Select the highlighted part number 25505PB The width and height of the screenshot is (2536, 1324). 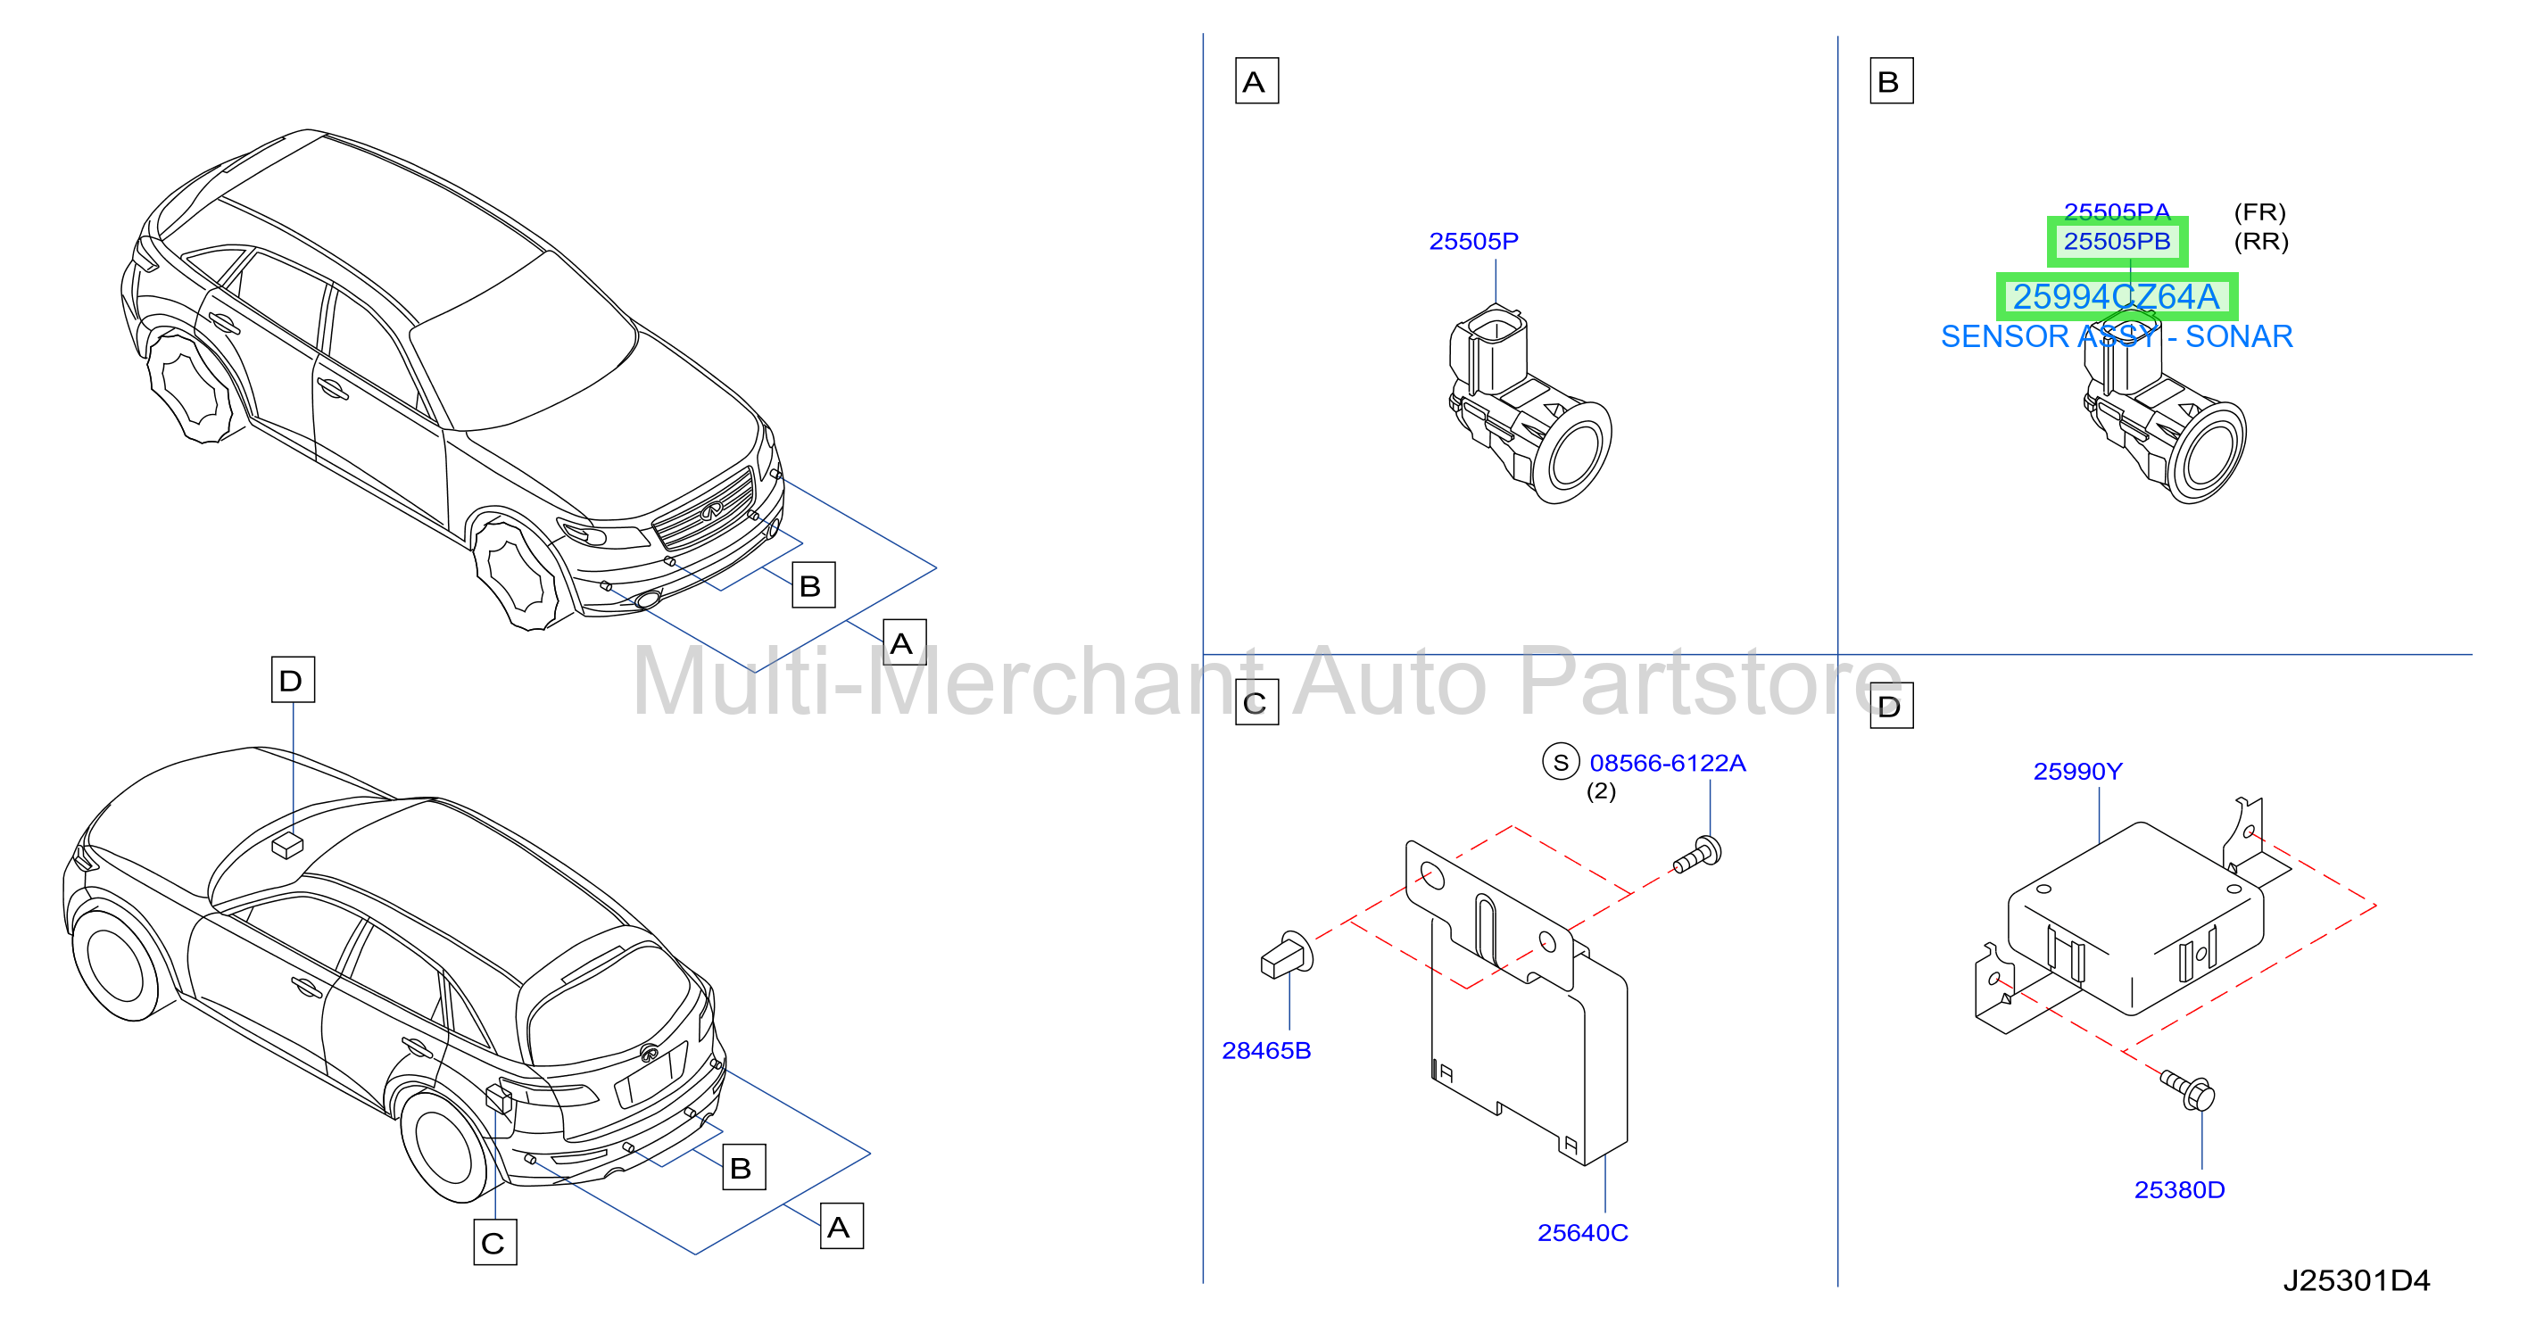click(x=2117, y=241)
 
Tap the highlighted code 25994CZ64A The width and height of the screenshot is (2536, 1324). click(x=2117, y=296)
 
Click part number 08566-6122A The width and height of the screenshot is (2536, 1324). click(x=1668, y=763)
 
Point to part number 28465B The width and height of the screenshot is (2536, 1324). click(x=1266, y=1050)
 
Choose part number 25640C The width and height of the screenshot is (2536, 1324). click(x=1582, y=1232)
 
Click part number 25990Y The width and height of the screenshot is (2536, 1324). click(x=2077, y=772)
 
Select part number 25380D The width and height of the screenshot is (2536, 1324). click(x=2179, y=1190)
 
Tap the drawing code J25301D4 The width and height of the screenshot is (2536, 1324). click(x=2356, y=1280)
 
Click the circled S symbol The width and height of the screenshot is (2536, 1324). click(x=1561, y=762)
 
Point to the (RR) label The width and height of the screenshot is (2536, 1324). click(x=2260, y=241)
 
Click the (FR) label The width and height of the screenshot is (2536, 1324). click(x=2259, y=211)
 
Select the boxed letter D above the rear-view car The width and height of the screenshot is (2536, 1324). click(x=293, y=679)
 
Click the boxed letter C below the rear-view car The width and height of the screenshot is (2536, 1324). click(x=494, y=1242)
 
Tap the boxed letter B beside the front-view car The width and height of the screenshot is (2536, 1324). click(x=813, y=584)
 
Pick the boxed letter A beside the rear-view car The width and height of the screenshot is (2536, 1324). click(x=841, y=1226)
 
